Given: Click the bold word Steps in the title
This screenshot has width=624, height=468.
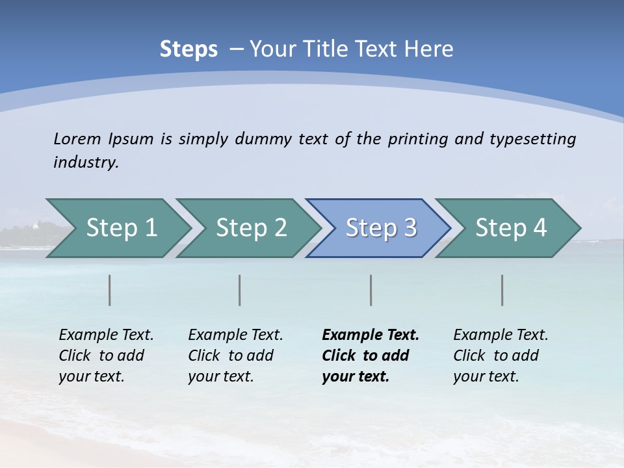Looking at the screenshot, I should (188, 49).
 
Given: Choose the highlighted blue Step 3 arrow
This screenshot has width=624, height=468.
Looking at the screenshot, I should (381, 227).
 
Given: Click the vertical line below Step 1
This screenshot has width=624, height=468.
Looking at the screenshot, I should (110, 290).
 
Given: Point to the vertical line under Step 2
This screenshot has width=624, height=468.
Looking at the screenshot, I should (240, 290).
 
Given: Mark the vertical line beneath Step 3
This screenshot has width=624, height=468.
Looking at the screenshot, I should (371, 290).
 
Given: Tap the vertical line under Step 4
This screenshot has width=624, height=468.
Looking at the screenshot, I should (502, 290).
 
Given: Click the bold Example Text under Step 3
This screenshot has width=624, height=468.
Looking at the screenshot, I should (370, 335).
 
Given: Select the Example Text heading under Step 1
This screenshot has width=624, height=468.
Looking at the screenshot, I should (106, 335).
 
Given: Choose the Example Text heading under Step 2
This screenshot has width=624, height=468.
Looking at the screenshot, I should (235, 335).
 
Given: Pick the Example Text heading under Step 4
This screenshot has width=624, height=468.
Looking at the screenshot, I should (500, 335).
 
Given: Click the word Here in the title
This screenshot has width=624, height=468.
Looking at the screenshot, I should (428, 49).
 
